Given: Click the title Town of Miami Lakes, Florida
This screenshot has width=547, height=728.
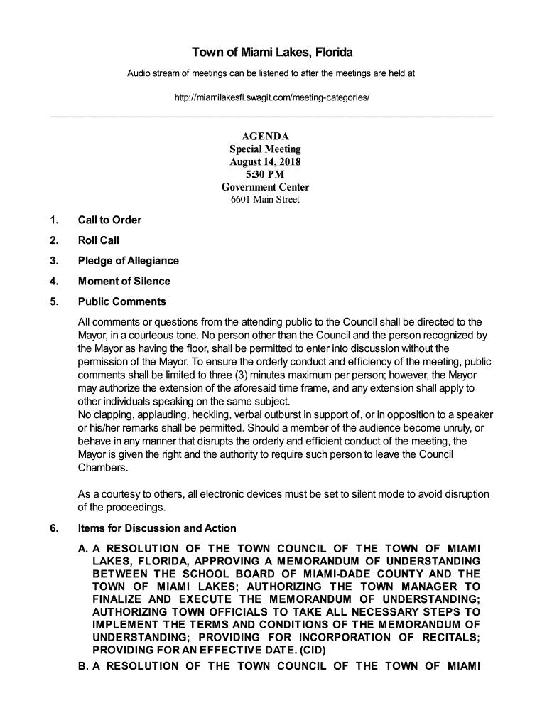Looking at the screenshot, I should point(273,53).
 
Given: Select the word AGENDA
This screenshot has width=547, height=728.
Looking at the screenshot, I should point(265,136).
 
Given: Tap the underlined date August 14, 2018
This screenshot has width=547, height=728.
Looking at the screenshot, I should point(265,161).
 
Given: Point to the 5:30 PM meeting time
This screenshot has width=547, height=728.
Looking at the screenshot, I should point(265,174).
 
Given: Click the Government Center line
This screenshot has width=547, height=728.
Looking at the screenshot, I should point(265,187).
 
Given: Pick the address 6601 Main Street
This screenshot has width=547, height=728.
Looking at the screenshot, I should point(265,200).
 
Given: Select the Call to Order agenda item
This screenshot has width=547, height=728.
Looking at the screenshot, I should point(109,220).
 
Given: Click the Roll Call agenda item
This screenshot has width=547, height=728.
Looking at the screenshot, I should point(98,240).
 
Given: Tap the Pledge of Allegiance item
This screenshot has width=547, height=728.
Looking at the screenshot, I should point(128,261).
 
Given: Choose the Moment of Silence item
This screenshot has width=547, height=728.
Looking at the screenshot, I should point(124,281).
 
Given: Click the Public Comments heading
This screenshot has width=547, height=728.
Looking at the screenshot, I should point(121,301).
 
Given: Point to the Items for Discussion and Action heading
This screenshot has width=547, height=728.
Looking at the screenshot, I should point(156,528).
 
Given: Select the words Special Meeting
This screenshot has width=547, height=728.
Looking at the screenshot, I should point(265,149).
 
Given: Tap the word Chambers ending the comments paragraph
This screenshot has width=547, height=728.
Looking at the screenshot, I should point(103,469).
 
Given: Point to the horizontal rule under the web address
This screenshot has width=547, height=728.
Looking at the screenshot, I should point(273,116).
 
